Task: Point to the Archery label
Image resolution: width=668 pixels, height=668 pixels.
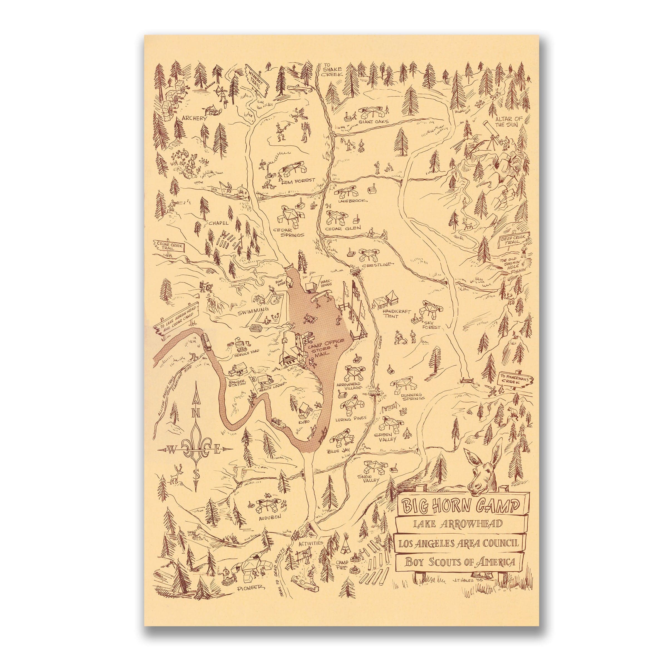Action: [194, 118]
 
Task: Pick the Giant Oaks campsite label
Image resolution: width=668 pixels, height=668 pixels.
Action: [374, 121]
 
